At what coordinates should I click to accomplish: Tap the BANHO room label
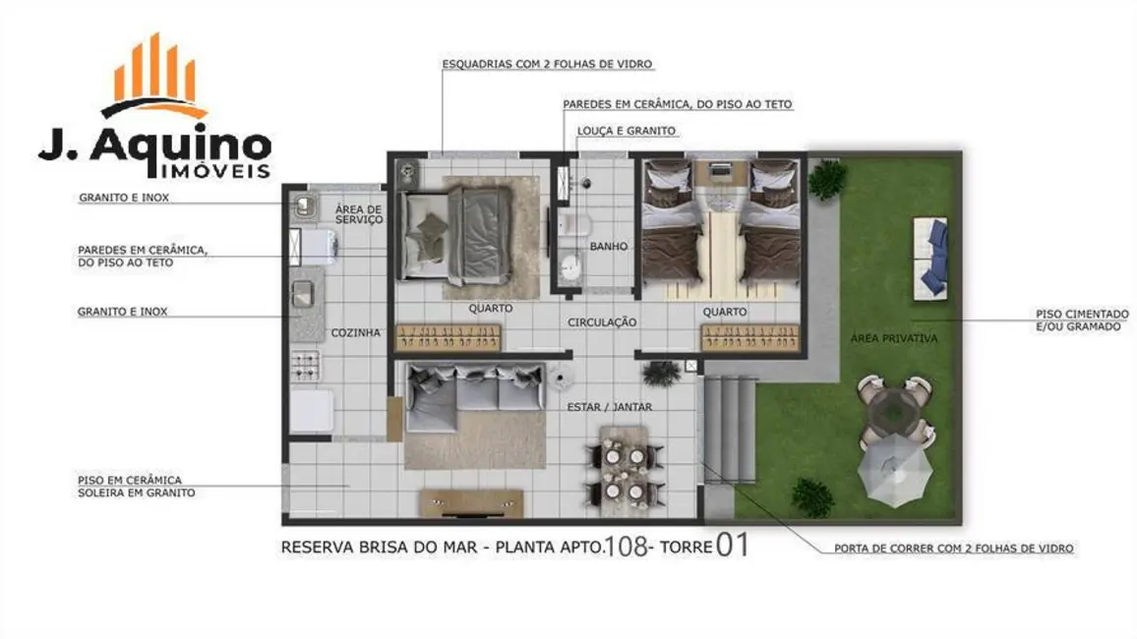(609, 247)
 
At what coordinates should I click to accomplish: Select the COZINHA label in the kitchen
(355, 333)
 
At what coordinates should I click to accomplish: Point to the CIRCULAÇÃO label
(602, 322)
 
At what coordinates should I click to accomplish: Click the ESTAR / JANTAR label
(609, 406)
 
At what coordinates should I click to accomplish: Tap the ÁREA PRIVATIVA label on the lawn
(893, 338)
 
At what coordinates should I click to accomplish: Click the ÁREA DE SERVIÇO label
(358, 213)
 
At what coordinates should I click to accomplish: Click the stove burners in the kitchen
(305, 369)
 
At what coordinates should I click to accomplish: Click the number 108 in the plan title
(627, 546)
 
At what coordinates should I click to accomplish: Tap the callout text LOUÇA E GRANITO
(620, 131)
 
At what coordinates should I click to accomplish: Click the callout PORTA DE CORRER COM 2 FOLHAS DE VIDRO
(953, 549)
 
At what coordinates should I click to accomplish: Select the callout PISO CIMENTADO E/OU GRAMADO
(1081, 319)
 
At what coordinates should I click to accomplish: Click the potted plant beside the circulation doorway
(661, 373)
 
